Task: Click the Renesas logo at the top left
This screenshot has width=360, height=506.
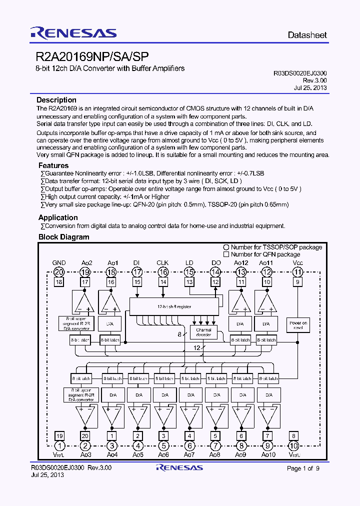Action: [73, 33]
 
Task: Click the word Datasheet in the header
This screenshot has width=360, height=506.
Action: [307, 35]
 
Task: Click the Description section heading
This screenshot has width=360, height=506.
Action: [56, 100]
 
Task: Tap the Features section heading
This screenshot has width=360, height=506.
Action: [53, 165]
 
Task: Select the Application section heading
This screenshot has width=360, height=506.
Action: [58, 217]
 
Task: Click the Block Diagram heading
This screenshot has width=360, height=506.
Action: [63, 237]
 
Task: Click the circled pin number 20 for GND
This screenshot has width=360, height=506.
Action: [59, 272]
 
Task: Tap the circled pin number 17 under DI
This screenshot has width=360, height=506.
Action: [137, 272]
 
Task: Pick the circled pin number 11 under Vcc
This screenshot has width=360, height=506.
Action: [298, 272]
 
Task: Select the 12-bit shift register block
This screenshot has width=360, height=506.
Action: [174, 306]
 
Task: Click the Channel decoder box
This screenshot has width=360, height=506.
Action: [203, 332]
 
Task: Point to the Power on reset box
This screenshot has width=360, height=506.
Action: [298, 325]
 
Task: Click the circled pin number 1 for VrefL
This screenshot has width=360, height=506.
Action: [59, 446]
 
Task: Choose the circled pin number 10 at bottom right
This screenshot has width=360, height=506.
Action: [294, 446]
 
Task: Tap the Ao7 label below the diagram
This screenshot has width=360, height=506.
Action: [189, 454]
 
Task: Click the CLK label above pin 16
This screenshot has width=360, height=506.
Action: [162, 263]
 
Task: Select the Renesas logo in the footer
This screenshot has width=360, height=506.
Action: [179, 468]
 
